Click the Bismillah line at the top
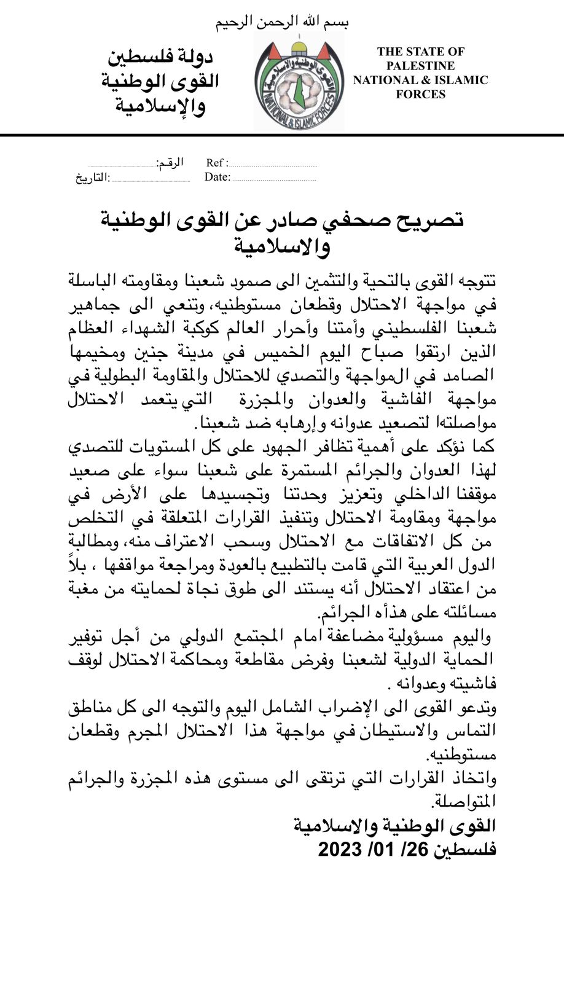(282, 23)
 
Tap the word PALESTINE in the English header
(421, 66)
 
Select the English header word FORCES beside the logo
(421, 94)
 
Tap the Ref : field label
(217, 163)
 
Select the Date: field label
(217, 178)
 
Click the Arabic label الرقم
(170, 163)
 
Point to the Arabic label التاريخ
(93, 178)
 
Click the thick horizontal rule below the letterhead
(282, 135)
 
